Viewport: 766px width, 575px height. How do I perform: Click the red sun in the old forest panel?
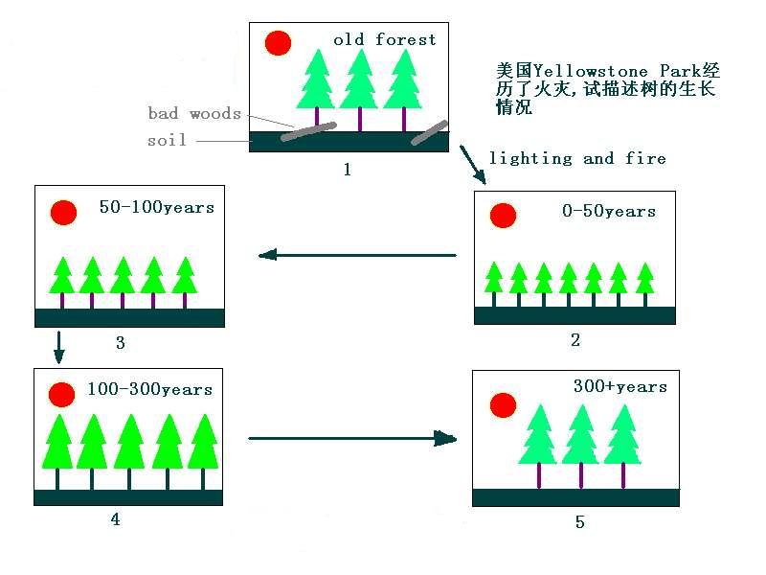278,43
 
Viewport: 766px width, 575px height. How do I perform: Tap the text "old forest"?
384,39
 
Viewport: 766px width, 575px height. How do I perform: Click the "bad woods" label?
194,113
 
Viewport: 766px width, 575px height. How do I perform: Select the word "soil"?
168,140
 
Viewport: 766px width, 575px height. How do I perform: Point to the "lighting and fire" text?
577,158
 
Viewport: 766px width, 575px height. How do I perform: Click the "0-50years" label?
608,211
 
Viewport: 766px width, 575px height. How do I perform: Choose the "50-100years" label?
157,207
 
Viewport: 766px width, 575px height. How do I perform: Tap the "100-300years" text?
149,389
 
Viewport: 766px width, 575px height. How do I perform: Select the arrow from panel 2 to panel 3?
357,255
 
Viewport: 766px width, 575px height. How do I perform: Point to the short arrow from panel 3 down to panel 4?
59,347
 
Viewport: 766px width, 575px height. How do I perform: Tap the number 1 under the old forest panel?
347,170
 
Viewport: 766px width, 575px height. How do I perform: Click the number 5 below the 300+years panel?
579,522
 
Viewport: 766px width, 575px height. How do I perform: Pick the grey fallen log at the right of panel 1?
430,132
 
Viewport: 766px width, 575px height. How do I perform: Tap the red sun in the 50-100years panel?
63,212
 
